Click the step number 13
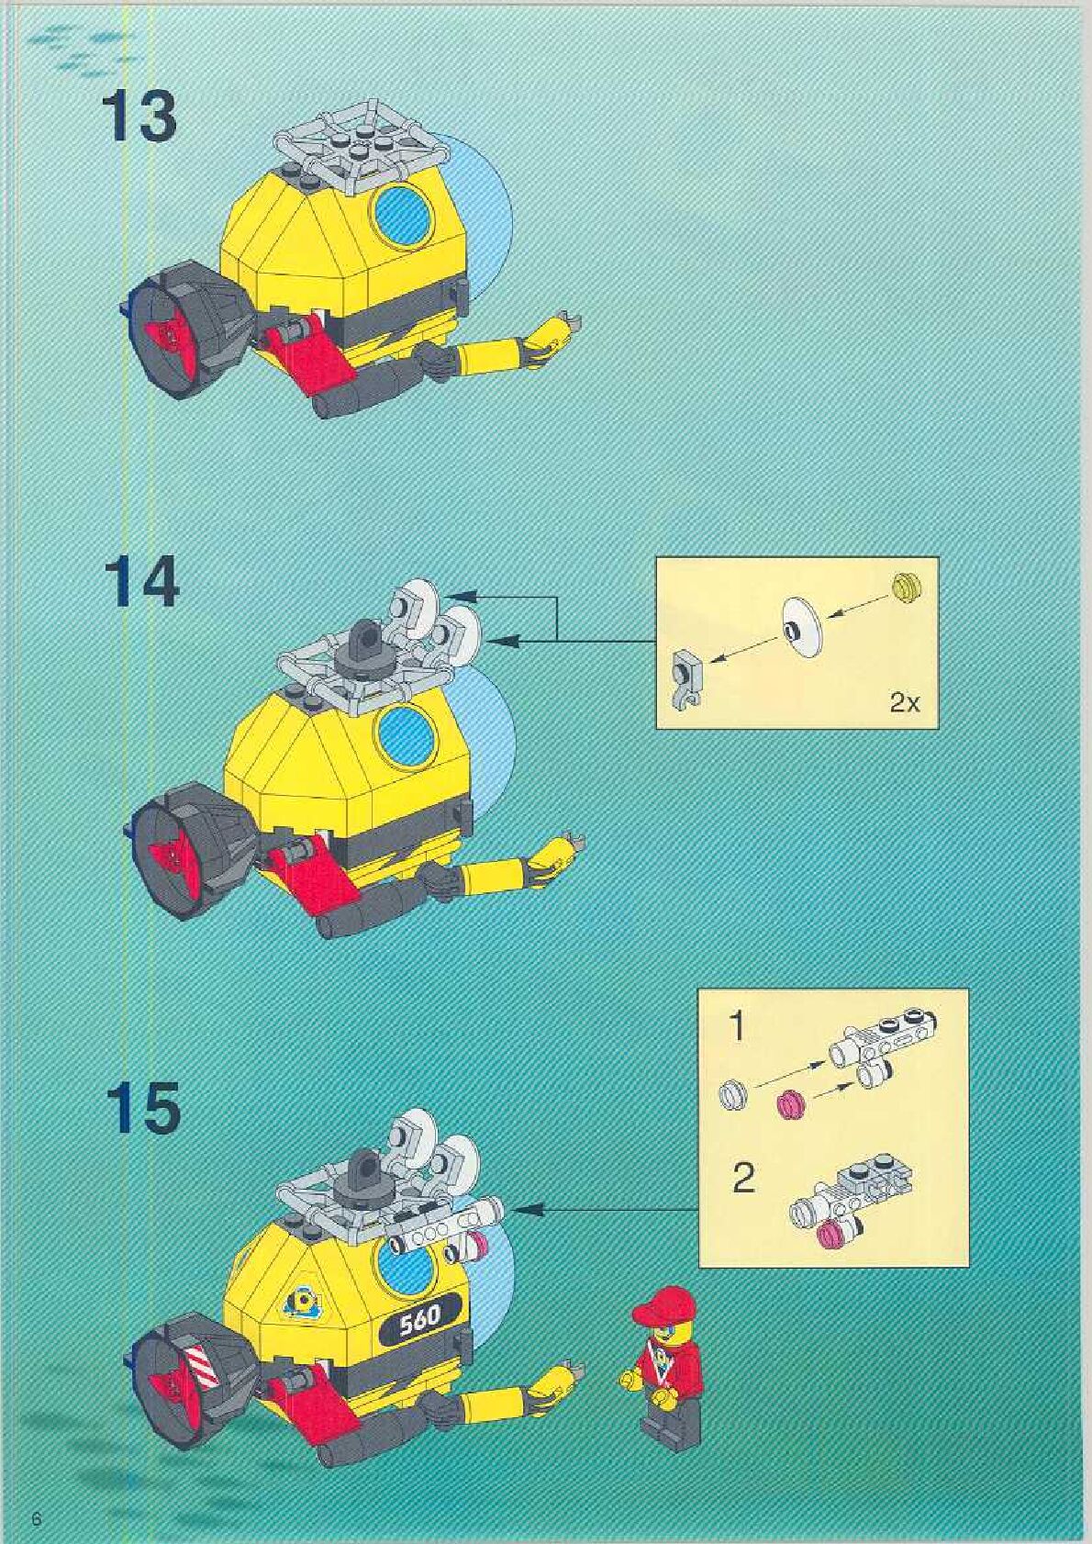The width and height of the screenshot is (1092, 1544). pyautogui.click(x=139, y=117)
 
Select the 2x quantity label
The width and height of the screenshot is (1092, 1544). pyautogui.click(x=905, y=704)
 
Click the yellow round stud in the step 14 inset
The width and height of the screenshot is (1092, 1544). pyautogui.click(x=907, y=588)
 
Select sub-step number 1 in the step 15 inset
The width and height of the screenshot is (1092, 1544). pyautogui.click(x=737, y=1028)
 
